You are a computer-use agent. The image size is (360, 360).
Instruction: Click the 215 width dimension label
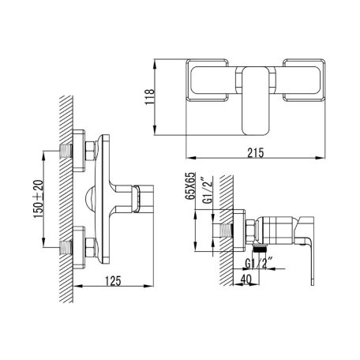pyautogui.click(x=255, y=152)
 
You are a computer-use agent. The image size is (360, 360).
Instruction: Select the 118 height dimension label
pyautogui.click(x=150, y=96)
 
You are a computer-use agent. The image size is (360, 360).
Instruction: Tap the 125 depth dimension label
pyautogui.click(x=113, y=281)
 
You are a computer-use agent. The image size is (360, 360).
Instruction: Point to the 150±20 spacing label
pyautogui.click(x=38, y=199)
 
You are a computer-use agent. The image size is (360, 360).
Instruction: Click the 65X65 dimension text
pyautogui.click(x=190, y=186)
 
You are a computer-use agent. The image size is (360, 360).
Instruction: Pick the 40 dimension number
pyautogui.click(x=246, y=279)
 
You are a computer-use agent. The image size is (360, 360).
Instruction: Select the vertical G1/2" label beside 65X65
pyautogui.click(x=208, y=190)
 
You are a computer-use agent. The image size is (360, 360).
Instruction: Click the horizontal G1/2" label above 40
pyautogui.click(x=258, y=264)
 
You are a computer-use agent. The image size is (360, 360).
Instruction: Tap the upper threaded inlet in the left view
pyautogui.click(x=66, y=151)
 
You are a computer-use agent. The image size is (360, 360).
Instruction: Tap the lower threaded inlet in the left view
pyautogui.click(x=66, y=247)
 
